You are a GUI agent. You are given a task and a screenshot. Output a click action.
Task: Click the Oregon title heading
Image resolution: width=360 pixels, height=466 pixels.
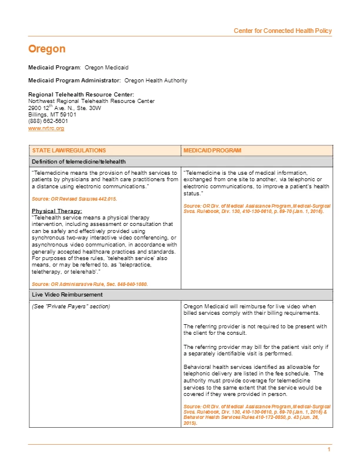(x=46, y=49)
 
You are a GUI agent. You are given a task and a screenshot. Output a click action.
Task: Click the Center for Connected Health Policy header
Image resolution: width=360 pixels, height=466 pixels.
(x=282, y=31)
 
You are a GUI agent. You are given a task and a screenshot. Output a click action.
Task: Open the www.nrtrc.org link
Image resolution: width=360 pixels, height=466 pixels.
(x=46, y=128)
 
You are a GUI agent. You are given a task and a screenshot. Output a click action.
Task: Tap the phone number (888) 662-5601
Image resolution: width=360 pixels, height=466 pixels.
(x=48, y=121)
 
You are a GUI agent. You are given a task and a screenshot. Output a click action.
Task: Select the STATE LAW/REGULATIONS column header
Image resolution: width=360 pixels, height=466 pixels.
(x=69, y=151)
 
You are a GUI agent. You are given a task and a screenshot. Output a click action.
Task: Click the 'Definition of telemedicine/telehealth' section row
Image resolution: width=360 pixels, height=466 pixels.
(x=78, y=161)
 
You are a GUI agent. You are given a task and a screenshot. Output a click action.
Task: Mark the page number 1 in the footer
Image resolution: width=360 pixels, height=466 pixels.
(x=329, y=450)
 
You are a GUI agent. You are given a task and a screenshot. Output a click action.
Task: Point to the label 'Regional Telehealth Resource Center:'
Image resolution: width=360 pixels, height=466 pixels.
(x=81, y=95)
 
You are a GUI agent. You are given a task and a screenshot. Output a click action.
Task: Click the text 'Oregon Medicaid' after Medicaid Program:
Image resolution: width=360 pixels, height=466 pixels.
(x=106, y=68)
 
